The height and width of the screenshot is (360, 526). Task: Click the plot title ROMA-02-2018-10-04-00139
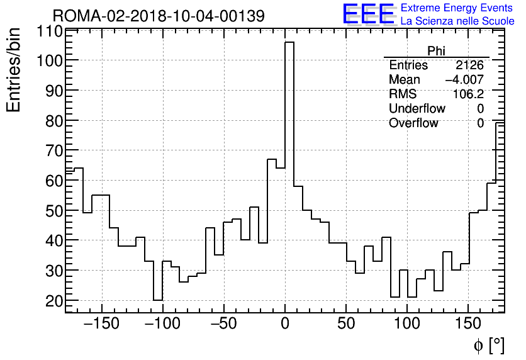pyautogui.click(x=158, y=15)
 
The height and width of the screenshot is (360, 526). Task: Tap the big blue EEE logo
pyautogui.click(x=368, y=14)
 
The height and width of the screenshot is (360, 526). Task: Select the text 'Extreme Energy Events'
pyautogui.click(x=457, y=8)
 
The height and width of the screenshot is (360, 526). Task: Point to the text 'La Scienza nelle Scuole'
pyautogui.click(x=457, y=21)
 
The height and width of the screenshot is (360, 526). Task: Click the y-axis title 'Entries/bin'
pyautogui.click(x=14, y=70)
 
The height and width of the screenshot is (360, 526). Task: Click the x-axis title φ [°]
pyautogui.click(x=489, y=345)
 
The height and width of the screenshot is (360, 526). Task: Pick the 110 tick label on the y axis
pyautogui.click(x=49, y=31)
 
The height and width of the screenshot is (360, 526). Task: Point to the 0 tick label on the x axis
pyautogui.click(x=284, y=323)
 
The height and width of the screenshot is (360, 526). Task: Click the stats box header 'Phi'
pyautogui.click(x=436, y=51)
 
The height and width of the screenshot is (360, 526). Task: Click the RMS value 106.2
pyautogui.click(x=468, y=94)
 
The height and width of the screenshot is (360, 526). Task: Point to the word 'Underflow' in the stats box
pyautogui.click(x=417, y=109)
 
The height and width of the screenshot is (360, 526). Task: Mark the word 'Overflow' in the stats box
pyautogui.click(x=413, y=123)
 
